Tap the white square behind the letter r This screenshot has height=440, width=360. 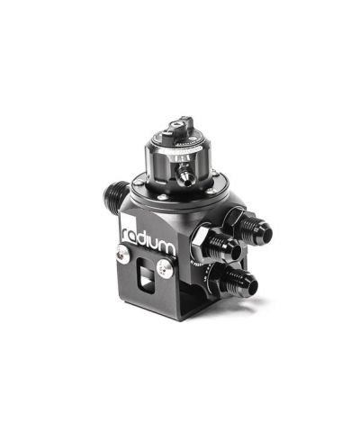125,236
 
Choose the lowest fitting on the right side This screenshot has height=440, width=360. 241,280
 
